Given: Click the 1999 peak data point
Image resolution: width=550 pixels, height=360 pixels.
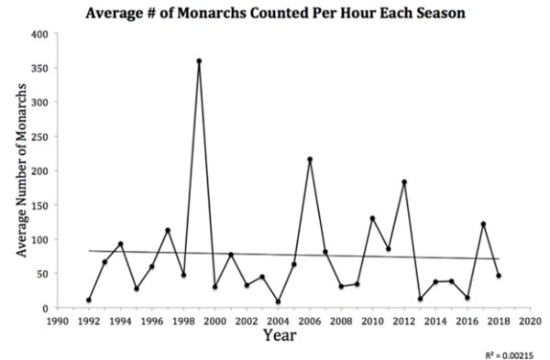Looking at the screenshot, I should [x=199, y=61].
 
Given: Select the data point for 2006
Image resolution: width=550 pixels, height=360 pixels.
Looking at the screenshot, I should [x=310, y=159].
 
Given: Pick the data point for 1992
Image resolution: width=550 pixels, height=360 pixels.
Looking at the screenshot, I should [x=89, y=300].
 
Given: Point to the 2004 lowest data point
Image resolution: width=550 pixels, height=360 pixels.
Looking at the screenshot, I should [x=278, y=301].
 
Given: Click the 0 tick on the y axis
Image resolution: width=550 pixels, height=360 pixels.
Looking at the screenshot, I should [x=43, y=308].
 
